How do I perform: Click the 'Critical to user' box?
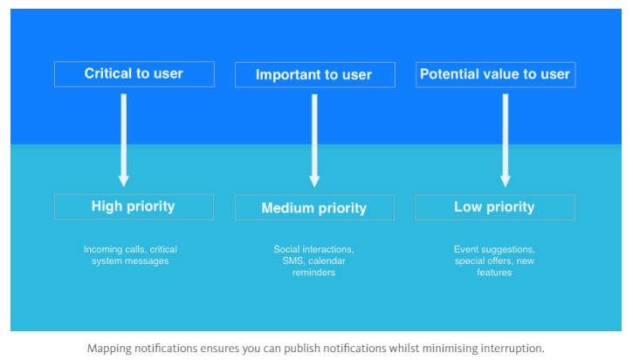pyautogui.click(x=134, y=74)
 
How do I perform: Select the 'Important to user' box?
pyautogui.click(x=315, y=75)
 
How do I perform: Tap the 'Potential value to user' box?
pyautogui.click(x=495, y=75)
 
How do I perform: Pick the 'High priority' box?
pyautogui.click(x=134, y=207)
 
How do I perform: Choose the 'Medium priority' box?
pyautogui.click(x=314, y=207)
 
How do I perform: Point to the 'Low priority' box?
pyautogui.click(x=495, y=207)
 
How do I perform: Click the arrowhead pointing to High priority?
pyautogui.click(x=123, y=181)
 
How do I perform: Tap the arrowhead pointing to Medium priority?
pyautogui.click(x=314, y=181)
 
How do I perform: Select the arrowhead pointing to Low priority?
pyautogui.click(x=506, y=181)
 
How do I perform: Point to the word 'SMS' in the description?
pyautogui.click(x=293, y=260)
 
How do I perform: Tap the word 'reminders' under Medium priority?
pyautogui.click(x=313, y=273)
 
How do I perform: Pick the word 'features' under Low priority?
pyautogui.click(x=494, y=273)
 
